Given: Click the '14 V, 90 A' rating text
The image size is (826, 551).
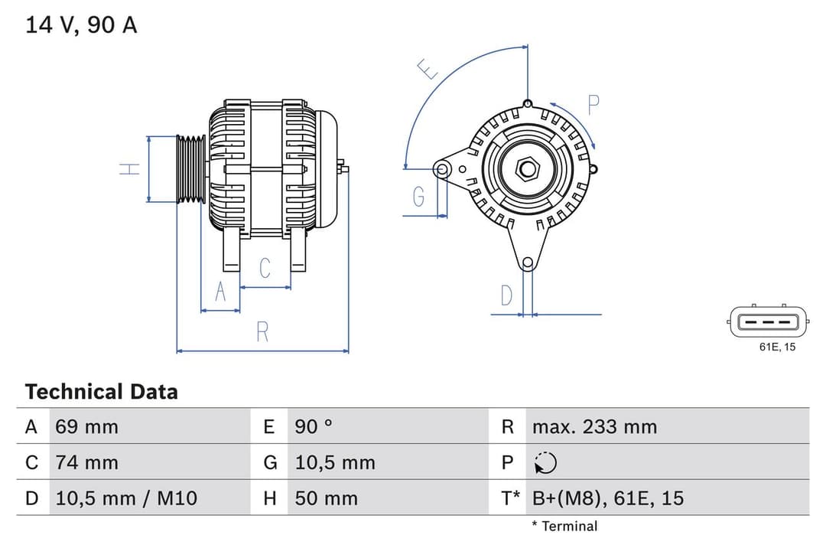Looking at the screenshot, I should [81, 24].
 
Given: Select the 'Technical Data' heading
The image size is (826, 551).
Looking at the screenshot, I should [101, 392].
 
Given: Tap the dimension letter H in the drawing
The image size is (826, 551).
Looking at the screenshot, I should [132, 168].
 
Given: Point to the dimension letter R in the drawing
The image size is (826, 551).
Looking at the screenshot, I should [262, 332].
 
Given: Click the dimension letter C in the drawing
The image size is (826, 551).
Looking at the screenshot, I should [265, 269].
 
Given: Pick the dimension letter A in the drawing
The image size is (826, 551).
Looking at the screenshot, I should [220, 292].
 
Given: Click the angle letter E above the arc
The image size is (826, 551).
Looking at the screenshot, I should [428, 70].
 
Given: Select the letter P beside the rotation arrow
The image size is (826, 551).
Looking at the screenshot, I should [593, 105].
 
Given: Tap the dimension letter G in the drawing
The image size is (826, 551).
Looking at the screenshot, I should [418, 197].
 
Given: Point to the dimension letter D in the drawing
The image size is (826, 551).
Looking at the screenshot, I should [506, 295].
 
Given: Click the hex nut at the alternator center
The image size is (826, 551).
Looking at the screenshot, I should [527, 168].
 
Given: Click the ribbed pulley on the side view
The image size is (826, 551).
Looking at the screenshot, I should [191, 169].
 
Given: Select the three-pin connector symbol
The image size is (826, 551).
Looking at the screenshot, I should [768, 322].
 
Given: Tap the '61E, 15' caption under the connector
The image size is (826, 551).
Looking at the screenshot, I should [777, 347].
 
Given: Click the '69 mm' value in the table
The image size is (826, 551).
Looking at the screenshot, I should [86, 426].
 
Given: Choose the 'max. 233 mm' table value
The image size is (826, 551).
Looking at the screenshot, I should [594, 426].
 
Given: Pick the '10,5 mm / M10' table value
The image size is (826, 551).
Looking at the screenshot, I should [126, 498].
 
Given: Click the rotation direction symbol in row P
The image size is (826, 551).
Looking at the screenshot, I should [545, 463].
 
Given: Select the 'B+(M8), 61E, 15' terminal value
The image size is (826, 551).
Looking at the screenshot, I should [608, 498].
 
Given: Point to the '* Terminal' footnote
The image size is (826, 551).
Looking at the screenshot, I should [564, 526].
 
